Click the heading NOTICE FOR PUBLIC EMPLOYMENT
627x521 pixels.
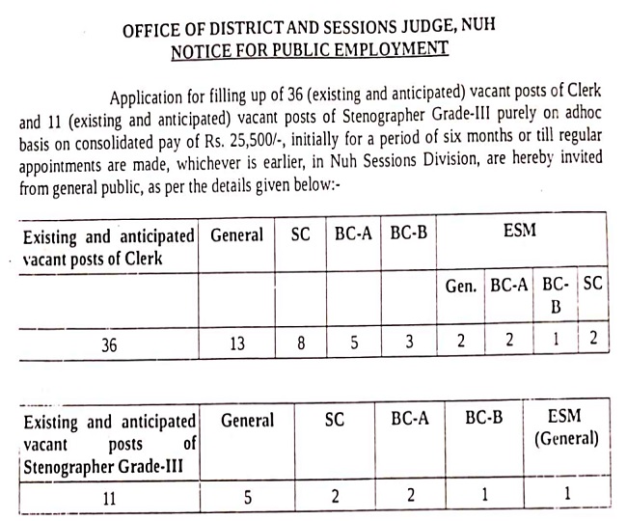[x=309, y=48]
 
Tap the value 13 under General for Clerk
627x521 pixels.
[x=236, y=343]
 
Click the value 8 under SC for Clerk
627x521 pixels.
[x=301, y=343]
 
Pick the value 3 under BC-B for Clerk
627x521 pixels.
[x=409, y=343]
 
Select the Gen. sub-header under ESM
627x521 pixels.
[x=464, y=287]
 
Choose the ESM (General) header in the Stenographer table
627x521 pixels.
[x=565, y=429]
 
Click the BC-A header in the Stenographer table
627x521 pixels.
[x=410, y=420]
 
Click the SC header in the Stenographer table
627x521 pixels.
[x=332, y=420]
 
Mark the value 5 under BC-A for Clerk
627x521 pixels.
[x=355, y=343]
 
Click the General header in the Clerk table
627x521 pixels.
[x=236, y=234]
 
